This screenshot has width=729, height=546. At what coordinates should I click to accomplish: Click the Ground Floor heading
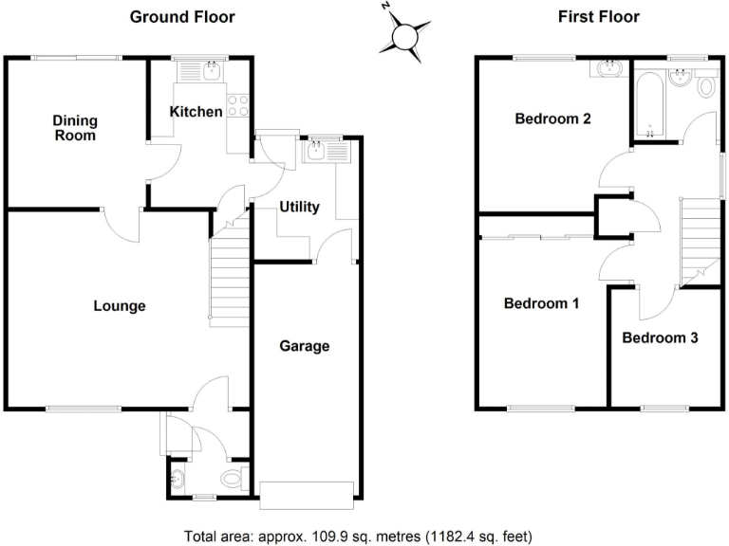(x=181, y=16)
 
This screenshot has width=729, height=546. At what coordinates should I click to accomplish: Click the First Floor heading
(x=600, y=16)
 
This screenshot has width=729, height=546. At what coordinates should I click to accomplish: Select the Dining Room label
(x=74, y=128)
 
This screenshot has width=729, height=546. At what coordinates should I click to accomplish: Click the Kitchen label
(x=196, y=112)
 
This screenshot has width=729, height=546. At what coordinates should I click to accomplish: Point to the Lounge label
(x=120, y=306)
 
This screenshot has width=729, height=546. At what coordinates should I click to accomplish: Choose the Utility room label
(x=299, y=207)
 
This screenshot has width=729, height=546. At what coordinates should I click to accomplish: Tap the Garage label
(x=304, y=346)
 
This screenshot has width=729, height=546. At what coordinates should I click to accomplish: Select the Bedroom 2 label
(x=553, y=119)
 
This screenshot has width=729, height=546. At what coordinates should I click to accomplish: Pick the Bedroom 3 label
(x=661, y=337)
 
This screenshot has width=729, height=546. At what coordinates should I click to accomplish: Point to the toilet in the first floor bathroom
(x=704, y=87)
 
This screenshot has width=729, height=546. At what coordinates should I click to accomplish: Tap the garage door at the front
(x=307, y=490)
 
